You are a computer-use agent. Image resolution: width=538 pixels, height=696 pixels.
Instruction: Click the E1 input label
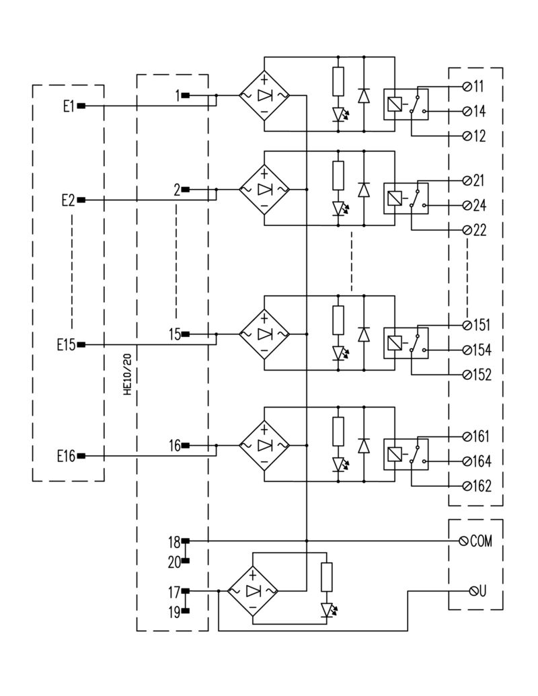click(68, 106)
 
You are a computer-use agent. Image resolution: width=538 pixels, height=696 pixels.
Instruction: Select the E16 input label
click(66, 456)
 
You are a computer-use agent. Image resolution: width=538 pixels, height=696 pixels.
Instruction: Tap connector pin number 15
click(174, 334)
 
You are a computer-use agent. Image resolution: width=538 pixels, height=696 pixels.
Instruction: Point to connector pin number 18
click(174, 541)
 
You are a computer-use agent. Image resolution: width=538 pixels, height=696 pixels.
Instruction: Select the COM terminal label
click(481, 541)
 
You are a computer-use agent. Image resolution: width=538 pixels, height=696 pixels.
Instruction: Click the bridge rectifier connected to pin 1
click(264, 95)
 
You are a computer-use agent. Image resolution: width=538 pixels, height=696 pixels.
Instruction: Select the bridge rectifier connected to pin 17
click(252, 590)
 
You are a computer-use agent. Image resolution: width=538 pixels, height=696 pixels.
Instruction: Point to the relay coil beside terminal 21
click(395, 197)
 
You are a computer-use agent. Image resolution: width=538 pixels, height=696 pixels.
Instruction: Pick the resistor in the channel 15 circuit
click(338, 319)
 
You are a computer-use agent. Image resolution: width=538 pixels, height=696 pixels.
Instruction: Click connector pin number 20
click(174, 559)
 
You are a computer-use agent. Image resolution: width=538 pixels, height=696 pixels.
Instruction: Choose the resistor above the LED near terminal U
click(327, 577)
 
